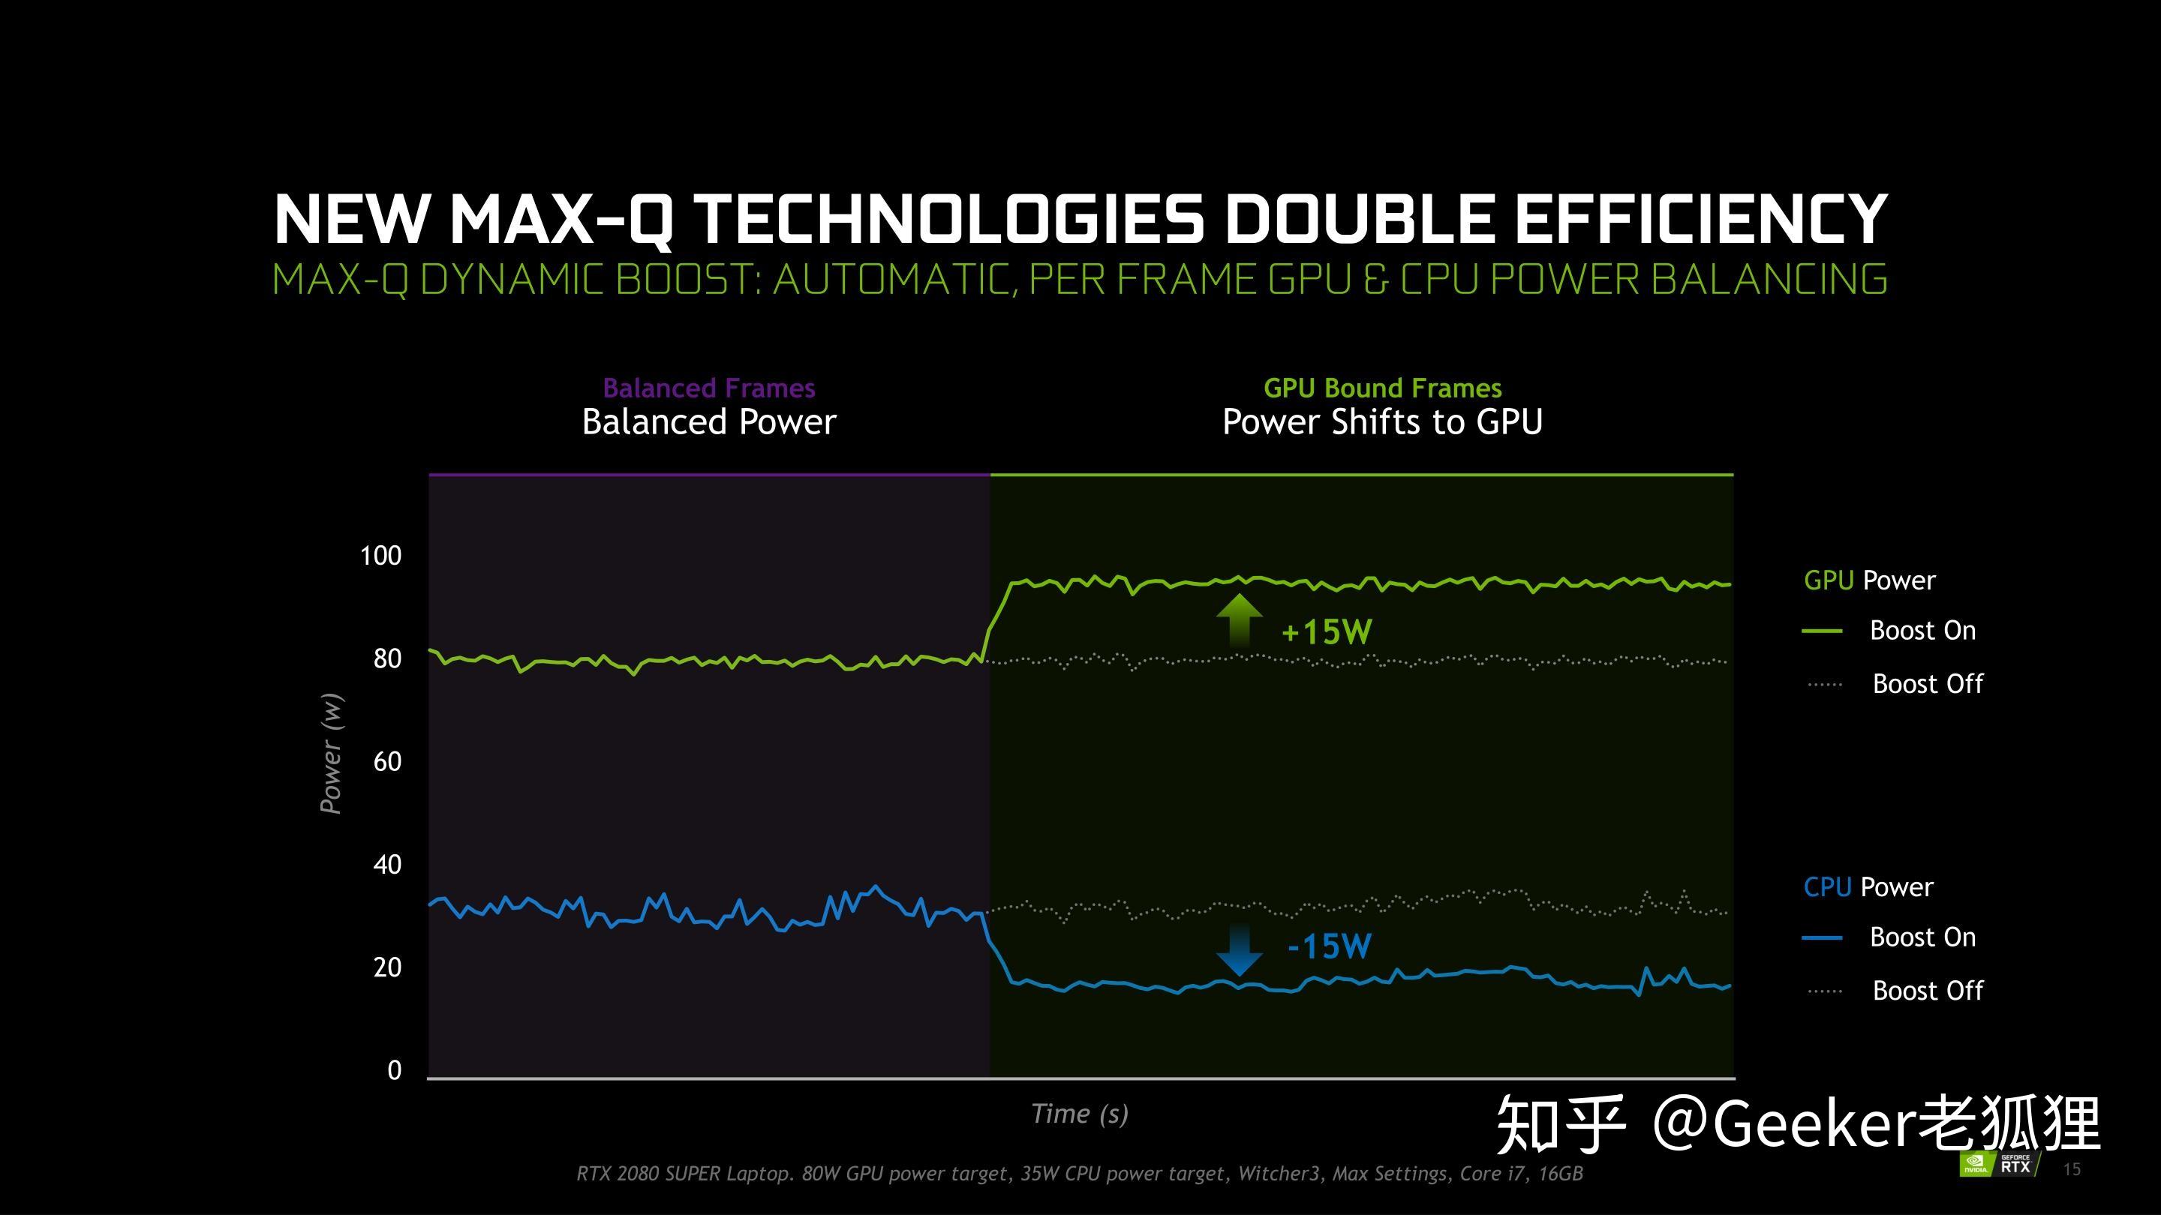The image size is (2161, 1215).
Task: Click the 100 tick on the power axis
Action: point(381,556)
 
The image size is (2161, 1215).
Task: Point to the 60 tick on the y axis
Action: point(388,762)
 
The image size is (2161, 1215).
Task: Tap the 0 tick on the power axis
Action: point(394,1071)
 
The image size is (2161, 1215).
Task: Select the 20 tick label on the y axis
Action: point(388,967)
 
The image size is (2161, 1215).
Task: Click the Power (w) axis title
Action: point(330,753)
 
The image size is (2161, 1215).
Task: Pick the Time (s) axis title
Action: point(1080,1114)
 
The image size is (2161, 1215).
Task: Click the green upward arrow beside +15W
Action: point(1238,621)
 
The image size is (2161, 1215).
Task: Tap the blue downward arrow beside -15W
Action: point(1238,949)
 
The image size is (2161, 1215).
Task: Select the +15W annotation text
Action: point(1327,632)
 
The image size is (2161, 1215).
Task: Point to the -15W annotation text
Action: point(1330,946)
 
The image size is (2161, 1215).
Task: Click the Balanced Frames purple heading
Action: point(709,388)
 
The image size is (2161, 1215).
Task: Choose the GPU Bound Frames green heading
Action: point(1382,388)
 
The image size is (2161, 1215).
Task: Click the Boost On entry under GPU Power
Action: point(1922,631)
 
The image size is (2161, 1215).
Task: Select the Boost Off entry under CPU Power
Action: point(1927,991)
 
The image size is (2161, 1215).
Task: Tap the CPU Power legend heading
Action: point(1868,887)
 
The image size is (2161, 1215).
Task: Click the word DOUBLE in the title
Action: point(1357,220)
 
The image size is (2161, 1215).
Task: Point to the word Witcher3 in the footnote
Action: point(1278,1174)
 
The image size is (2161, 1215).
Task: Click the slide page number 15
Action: point(2071,1170)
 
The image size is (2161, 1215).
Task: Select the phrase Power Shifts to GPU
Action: point(1382,421)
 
